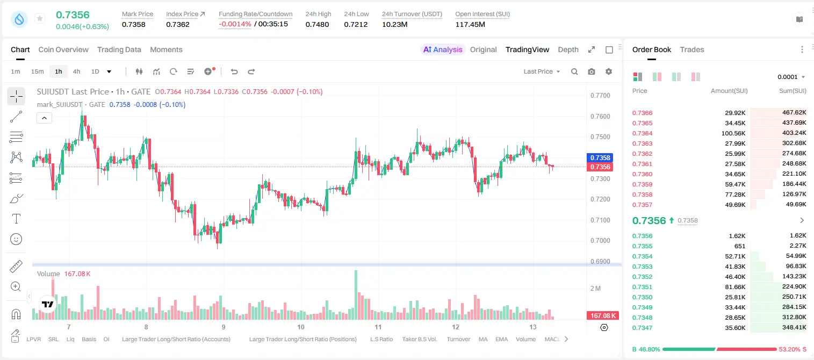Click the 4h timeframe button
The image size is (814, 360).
click(x=76, y=71)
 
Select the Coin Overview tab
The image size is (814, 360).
click(x=63, y=49)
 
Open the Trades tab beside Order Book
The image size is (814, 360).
click(x=691, y=49)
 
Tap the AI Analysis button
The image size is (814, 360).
click(x=443, y=49)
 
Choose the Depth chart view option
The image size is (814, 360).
click(x=568, y=49)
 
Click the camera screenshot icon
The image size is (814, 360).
click(x=592, y=71)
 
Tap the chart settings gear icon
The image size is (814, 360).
click(x=609, y=71)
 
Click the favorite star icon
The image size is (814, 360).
click(x=40, y=18)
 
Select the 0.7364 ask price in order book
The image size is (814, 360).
click(x=642, y=133)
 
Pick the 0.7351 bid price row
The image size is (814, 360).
click(x=642, y=287)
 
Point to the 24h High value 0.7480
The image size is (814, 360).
click(x=317, y=24)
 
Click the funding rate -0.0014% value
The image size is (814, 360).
click(x=235, y=24)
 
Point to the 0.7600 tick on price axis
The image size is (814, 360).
click(x=600, y=116)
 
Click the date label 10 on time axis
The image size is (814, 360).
click(x=300, y=327)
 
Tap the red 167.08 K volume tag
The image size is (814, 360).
click(x=603, y=316)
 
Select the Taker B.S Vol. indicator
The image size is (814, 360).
click(x=419, y=339)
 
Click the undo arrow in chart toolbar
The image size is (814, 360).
click(x=234, y=71)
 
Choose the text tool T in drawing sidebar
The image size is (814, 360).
click(x=16, y=219)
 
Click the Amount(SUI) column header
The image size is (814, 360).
click(x=729, y=91)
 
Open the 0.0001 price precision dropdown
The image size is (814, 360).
click(x=791, y=77)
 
